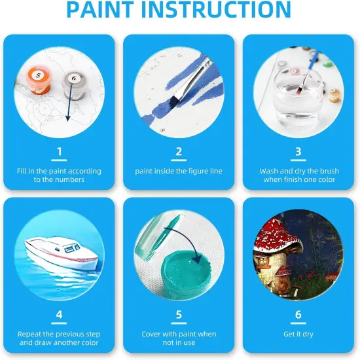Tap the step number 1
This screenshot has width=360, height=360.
click(60, 152)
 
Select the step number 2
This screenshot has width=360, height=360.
click(179, 152)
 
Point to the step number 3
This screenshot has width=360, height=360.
click(298, 152)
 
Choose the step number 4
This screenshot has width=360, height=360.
click(60, 315)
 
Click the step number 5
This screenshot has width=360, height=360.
click(179, 315)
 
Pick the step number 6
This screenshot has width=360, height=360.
click(298, 315)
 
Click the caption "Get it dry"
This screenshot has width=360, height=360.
click(298, 334)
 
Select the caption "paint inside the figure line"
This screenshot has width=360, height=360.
click(179, 171)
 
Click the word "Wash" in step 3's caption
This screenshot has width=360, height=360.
click(270, 171)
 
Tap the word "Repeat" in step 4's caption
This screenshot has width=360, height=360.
click(33, 334)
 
